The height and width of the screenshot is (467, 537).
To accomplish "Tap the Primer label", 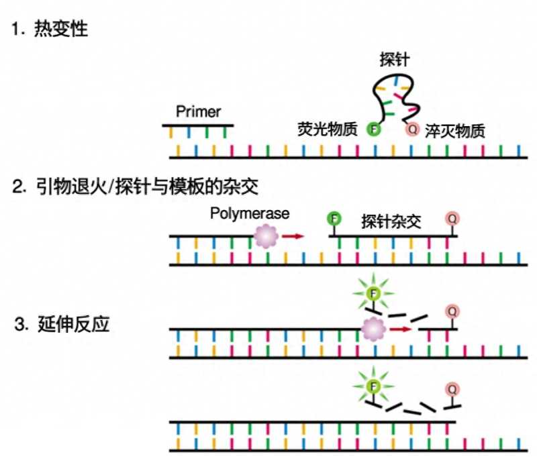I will (x=198, y=111).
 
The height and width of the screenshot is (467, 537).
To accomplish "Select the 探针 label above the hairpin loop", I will (x=395, y=60).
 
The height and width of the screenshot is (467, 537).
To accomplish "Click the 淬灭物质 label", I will (x=454, y=130).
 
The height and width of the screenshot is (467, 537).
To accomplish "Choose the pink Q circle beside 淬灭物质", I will (x=411, y=128).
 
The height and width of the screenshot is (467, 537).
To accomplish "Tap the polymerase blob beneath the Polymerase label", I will (x=266, y=236).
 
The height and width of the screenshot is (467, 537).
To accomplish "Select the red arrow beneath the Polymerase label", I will (x=293, y=236).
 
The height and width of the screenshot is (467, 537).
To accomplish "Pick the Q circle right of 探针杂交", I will (x=453, y=219).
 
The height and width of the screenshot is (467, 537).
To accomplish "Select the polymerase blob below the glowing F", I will (x=373, y=329).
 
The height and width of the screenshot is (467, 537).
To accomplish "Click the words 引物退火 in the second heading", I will (x=68, y=186).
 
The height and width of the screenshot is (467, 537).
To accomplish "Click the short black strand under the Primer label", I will (x=198, y=125).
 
